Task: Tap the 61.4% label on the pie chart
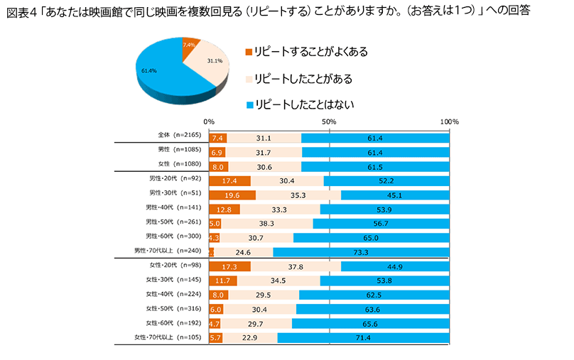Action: click(x=149, y=71)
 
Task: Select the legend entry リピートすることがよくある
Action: click(x=305, y=51)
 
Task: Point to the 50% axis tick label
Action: click(x=329, y=121)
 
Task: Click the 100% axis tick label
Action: click(x=450, y=121)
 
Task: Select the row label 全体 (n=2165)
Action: click(x=180, y=137)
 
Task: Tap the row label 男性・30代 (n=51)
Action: click(x=175, y=195)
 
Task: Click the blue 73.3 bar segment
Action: click(x=361, y=251)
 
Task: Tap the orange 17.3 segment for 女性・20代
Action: click(x=229, y=266)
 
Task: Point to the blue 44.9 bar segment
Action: click(x=395, y=266)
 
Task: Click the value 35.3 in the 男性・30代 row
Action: click(x=298, y=195)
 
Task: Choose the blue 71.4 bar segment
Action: click(x=363, y=337)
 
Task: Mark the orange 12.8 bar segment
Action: click(x=224, y=209)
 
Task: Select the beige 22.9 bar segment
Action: click(x=250, y=337)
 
